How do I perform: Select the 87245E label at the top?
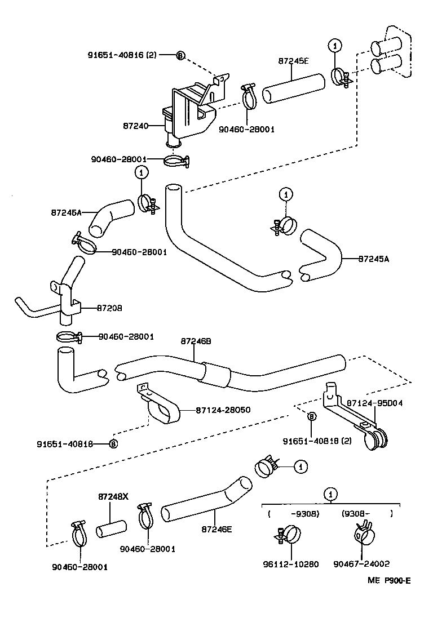pyautogui.click(x=293, y=61)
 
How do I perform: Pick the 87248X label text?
pyautogui.click(x=113, y=497)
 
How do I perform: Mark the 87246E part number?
pyautogui.click(x=216, y=529)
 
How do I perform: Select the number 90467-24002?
pyautogui.click(x=361, y=563)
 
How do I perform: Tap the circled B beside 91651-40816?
pyautogui.click(x=180, y=55)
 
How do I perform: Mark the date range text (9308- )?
pyautogui.click(x=367, y=513)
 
